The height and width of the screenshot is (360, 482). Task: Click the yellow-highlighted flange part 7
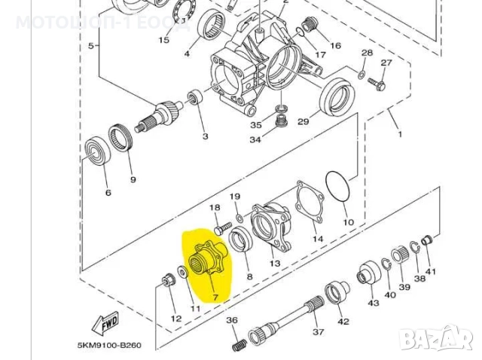click(x=206, y=260)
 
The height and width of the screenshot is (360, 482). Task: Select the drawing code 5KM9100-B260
click(x=109, y=346)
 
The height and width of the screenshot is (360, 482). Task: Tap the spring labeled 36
click(x=238, y=343)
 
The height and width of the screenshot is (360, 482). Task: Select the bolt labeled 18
click(x=220, y=225)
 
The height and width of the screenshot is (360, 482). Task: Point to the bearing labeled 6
click(x=96, y=152)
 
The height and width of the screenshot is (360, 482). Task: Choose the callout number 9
click(x=133, y=179)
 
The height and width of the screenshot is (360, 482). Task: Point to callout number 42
click(x=343, y=322)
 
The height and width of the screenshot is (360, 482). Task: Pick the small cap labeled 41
click(x=428, y=241)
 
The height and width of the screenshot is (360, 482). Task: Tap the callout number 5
click(x=92, y=45)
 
